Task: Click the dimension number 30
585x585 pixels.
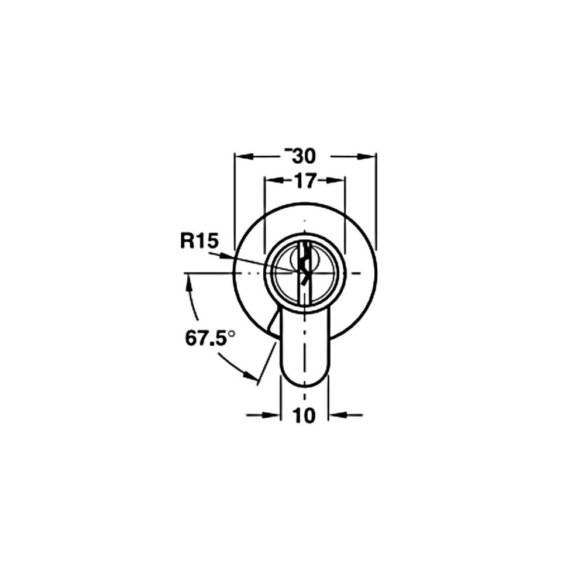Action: (304, 156)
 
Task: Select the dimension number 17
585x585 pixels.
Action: (305, 181)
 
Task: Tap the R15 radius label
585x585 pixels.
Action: (199, 241)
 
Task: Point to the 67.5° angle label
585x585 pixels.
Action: (211, 339)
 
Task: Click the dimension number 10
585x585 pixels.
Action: (304, 415)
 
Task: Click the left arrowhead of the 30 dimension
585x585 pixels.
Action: (243, 156)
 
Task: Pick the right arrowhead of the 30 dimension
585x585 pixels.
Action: (366, 156)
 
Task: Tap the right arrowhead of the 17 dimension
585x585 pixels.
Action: (336, 181)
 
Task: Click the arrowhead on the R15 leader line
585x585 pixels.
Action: (225, 256)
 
